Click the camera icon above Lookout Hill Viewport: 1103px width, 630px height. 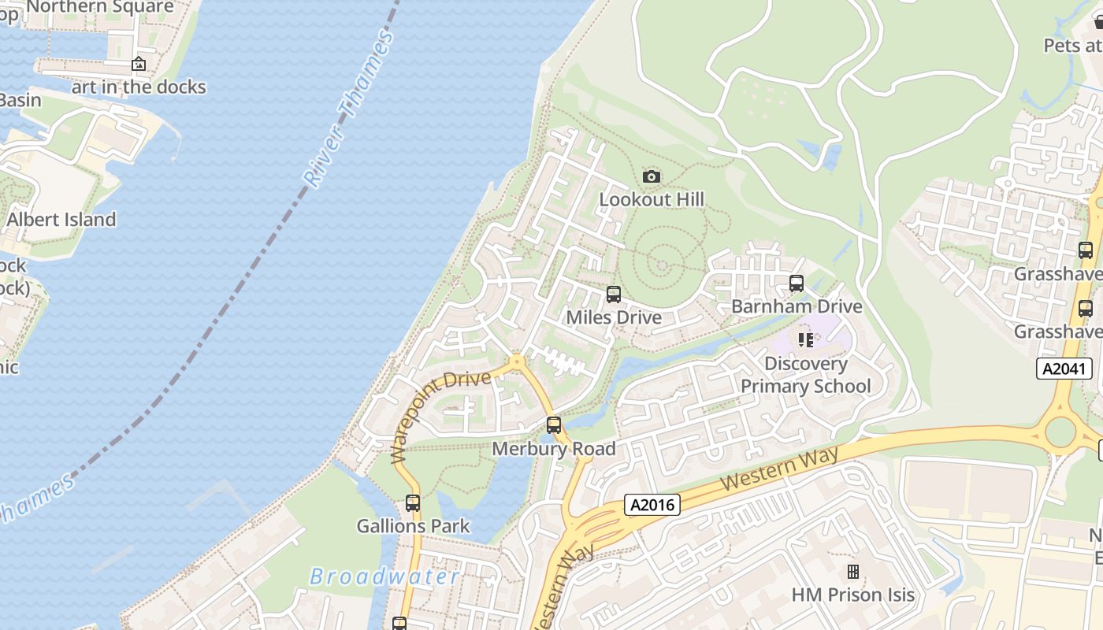(x=651, y=176)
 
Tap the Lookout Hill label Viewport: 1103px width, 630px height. (x=652, y=199)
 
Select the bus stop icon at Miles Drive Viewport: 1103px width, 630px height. (x=614, y=295)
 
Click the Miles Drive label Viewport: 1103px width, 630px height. (x=614, y=317)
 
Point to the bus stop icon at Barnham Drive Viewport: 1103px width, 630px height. (x=797, y=283)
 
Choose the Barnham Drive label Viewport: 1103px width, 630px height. (x=797, y=306)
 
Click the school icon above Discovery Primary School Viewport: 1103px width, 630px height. (x=805, y=340)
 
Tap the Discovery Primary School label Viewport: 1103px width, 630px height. (x=805, y=375)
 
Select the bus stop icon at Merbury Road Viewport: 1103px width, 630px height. (x=554, y=425)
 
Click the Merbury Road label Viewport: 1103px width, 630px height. (x=554, y=449)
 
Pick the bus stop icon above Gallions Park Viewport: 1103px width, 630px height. (x=413, y=502)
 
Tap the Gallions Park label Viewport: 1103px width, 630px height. (x=413, y=526)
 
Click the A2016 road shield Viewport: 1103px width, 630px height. (x=652, y=505)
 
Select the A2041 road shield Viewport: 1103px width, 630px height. (x=1064, y=369)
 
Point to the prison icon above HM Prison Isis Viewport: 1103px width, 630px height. (x=852, y=572)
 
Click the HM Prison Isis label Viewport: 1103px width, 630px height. (x=852, y=595)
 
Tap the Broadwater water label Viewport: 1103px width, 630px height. (x=384, y=576)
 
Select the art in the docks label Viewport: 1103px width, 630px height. (x=139, y=87)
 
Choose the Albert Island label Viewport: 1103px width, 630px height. (x=61, y=220)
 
